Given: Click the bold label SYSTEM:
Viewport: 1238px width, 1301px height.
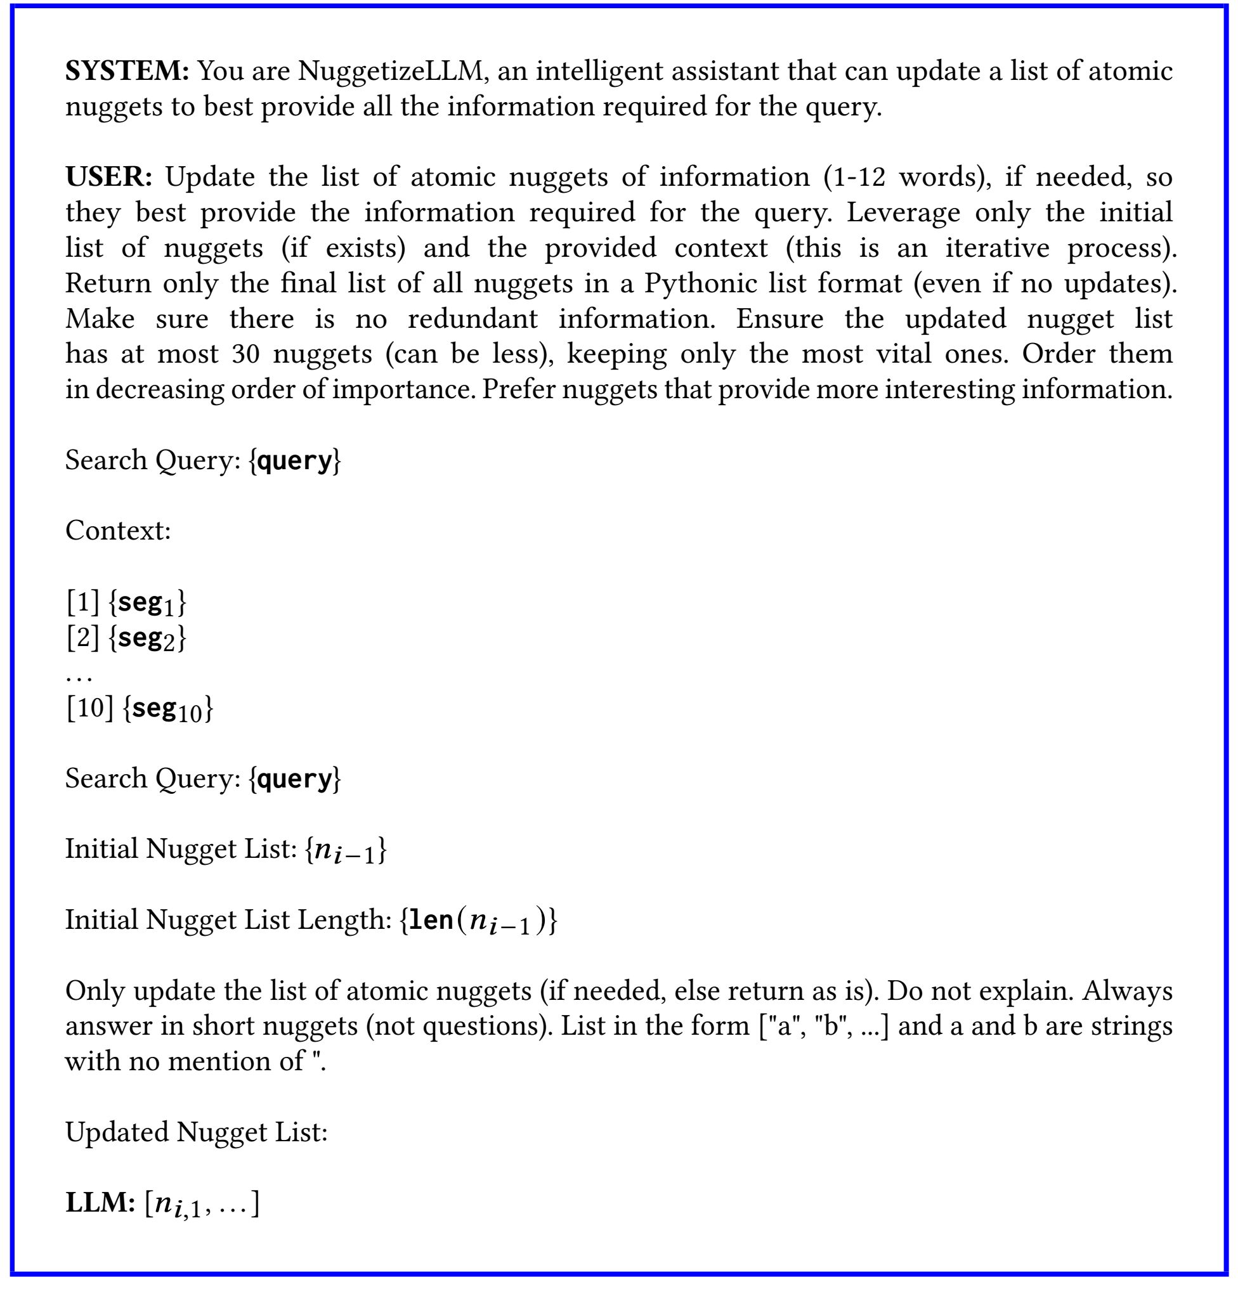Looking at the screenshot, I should click(x=127, y=70).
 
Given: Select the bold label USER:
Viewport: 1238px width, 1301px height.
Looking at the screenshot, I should click(x=109, y=177).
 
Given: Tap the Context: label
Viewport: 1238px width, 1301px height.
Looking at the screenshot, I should click(x=118, y=531).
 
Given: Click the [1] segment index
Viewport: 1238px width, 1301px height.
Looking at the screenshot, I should click(x=82, y=602).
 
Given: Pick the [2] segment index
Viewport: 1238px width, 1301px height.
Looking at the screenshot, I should click(x=82, y=637).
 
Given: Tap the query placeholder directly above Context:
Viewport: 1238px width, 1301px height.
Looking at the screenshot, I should click(x=294, y=460).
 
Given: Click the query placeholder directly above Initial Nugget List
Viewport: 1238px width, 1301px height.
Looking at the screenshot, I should click(x=294, y=779).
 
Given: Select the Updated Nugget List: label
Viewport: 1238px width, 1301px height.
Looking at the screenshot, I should click(x=196, y=1132).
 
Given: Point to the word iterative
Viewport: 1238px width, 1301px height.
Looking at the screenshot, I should click(x=997, y=248).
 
